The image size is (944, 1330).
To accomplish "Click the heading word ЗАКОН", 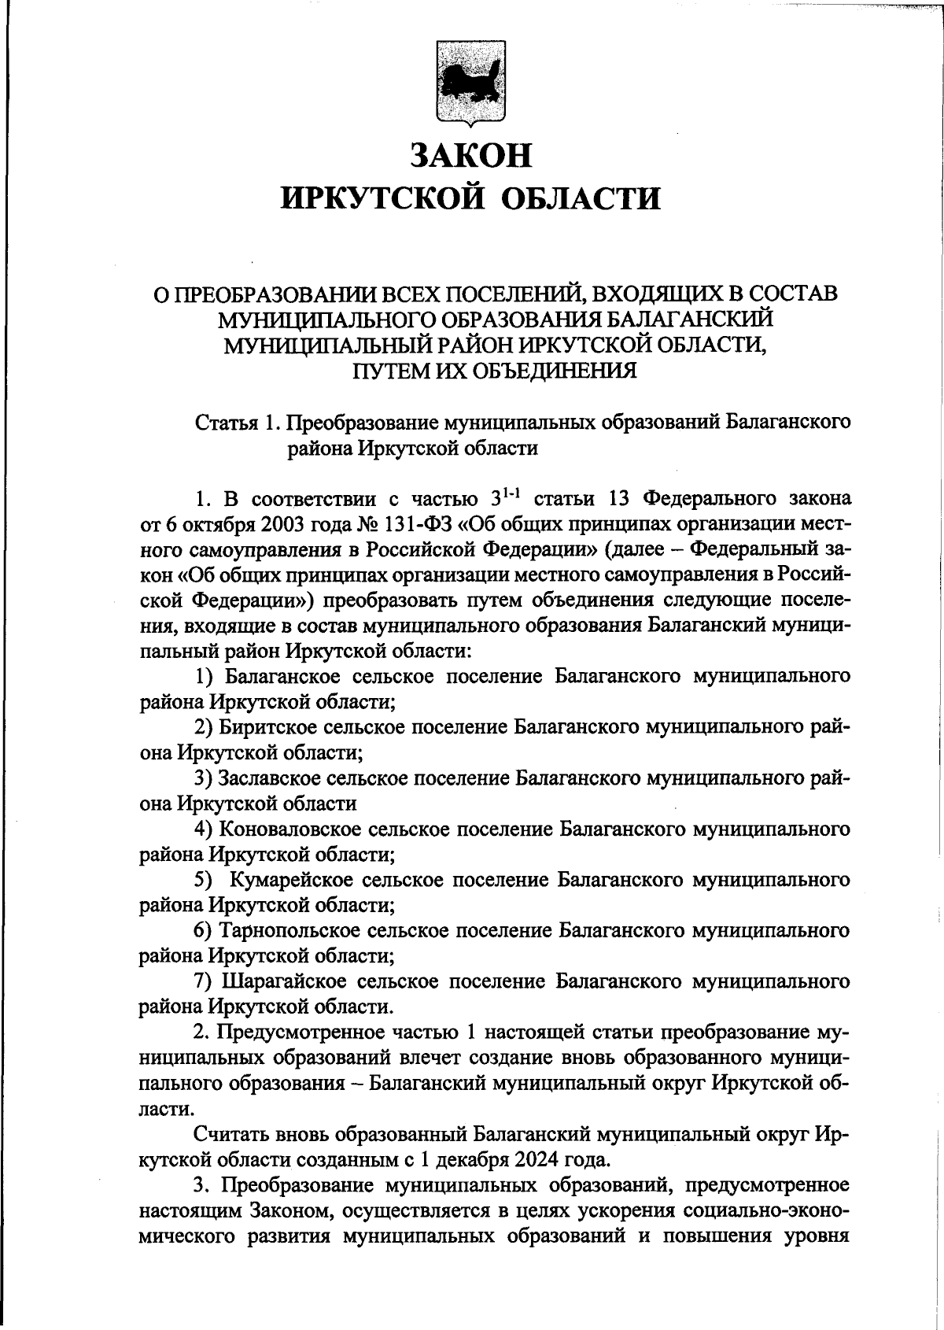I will (x=471, y=155).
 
